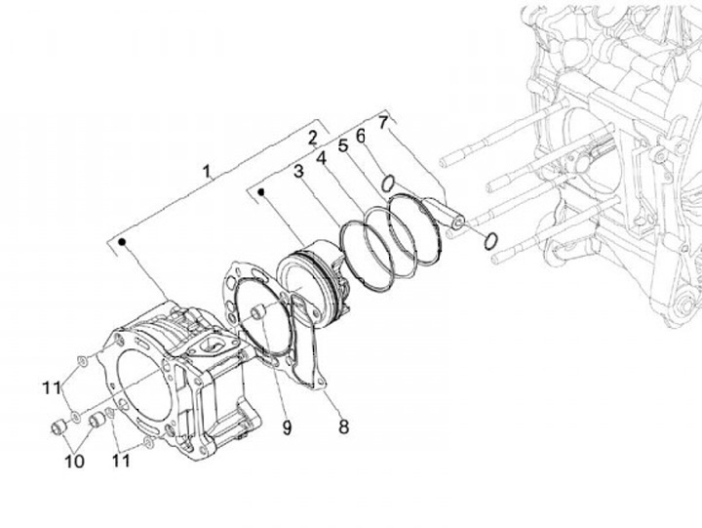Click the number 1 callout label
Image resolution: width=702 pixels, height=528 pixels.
point(207,172)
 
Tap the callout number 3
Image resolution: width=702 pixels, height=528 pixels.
point(299,173)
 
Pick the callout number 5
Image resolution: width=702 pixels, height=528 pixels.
point(342,146)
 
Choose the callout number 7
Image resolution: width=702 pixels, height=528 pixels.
point(383,122)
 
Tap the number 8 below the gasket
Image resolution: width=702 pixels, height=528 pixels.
point(343,426)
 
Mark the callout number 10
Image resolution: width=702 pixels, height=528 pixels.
point(74,460)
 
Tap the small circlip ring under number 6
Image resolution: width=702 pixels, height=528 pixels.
point(387,182)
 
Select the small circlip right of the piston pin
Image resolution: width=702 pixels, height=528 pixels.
point(492,240)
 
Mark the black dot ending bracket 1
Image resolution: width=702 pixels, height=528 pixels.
point(122,239)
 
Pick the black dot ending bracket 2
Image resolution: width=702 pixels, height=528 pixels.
point(261,192)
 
